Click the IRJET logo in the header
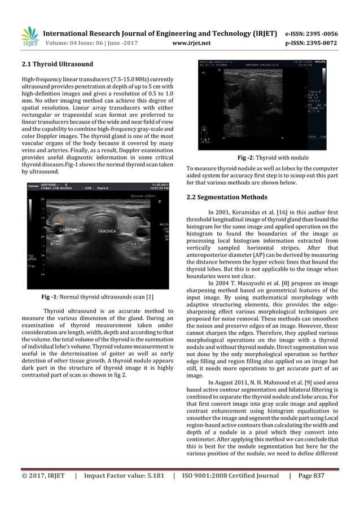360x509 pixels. point(29,36)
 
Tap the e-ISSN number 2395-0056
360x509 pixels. point(327,32)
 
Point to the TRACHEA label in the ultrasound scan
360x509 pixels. point(107,231)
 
